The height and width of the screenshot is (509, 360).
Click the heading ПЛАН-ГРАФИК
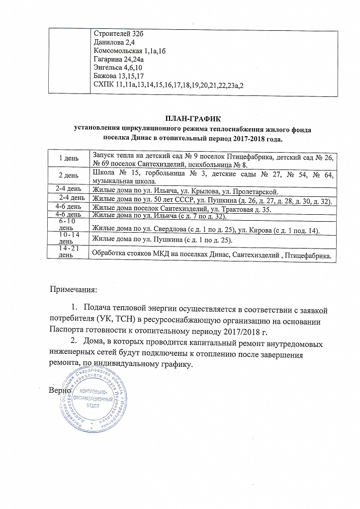point(192,119)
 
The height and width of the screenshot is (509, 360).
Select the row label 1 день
point(68,158)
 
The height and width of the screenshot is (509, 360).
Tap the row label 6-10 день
point(68,224)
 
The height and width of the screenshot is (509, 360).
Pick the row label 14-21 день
point(68,251)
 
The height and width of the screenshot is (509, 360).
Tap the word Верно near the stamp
point(58,390)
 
